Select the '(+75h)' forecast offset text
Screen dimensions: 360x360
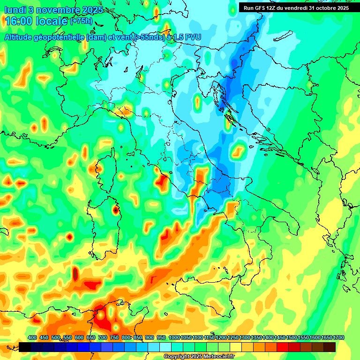click(81, 21)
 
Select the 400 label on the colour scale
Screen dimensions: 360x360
click(32, 338)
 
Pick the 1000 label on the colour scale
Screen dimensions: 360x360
click(173, 338)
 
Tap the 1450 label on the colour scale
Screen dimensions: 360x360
click(279, 338)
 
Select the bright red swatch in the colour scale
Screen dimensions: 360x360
click(283, 347)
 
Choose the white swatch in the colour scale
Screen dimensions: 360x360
click(165, 347)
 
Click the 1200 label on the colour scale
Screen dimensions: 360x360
click(221, 338)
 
